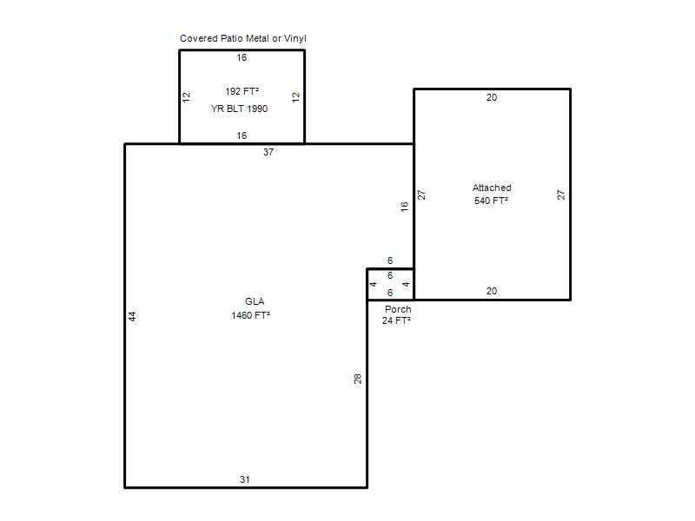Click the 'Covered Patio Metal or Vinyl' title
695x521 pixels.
click(x=243, y=38)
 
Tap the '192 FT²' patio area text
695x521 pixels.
click(x=242, y=91)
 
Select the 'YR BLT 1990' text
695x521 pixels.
click(x=240, y=109)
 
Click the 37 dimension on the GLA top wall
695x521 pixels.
click(x=268, y=152)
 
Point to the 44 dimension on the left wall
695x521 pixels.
click(x=132, y=316)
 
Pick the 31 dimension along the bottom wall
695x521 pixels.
click(x=245, y=479)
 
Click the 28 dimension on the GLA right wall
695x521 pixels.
click(x=358, y=379)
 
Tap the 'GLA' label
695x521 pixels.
click(x=255, y=301)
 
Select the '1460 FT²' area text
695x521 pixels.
click(x=251, y=315)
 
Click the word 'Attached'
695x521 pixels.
click(x=492, y=188)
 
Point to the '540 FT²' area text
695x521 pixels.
click(x=491, y=201)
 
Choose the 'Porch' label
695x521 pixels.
click(x=398, y=309)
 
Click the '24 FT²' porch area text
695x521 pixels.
click(x=397, y=320)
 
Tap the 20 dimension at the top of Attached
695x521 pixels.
click(x=492, y=97)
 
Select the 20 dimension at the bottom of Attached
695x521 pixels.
click(x=492, y=291)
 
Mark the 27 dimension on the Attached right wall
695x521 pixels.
click(x=560, y=195)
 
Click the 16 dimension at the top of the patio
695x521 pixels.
click(x=242, y=57)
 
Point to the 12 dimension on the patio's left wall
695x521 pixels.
click(x=186, y=97)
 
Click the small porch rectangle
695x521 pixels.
click(x=367, y=284)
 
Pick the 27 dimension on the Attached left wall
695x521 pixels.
click(x=421, y=195)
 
